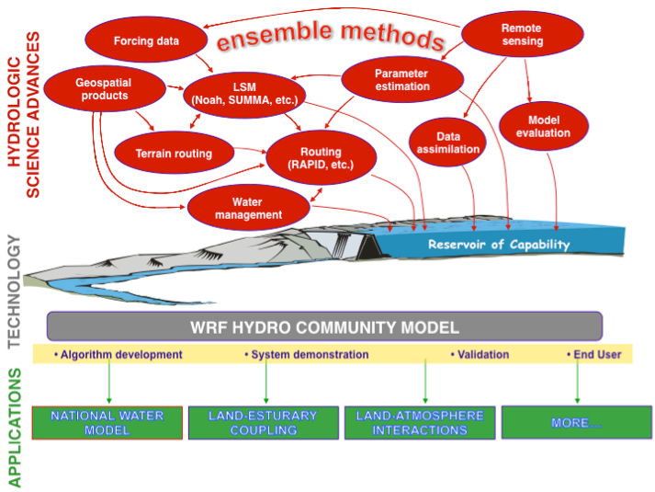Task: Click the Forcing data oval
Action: coord(146,40)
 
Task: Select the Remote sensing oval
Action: coord(521,35)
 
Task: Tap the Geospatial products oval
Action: coord(104,88)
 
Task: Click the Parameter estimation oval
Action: coord(401,80)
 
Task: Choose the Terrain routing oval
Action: coord(173,154)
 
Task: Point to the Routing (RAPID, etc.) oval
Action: coord(320,158)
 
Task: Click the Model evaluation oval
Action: coord(549,127)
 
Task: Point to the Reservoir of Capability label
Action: coord(498,245)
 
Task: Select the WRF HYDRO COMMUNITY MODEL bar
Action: coord(324,326)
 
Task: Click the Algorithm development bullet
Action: coord(119,354)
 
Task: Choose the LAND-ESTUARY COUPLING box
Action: coord(263,422)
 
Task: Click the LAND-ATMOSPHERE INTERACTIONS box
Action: coord(419,422)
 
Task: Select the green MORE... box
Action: coord(577,422)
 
